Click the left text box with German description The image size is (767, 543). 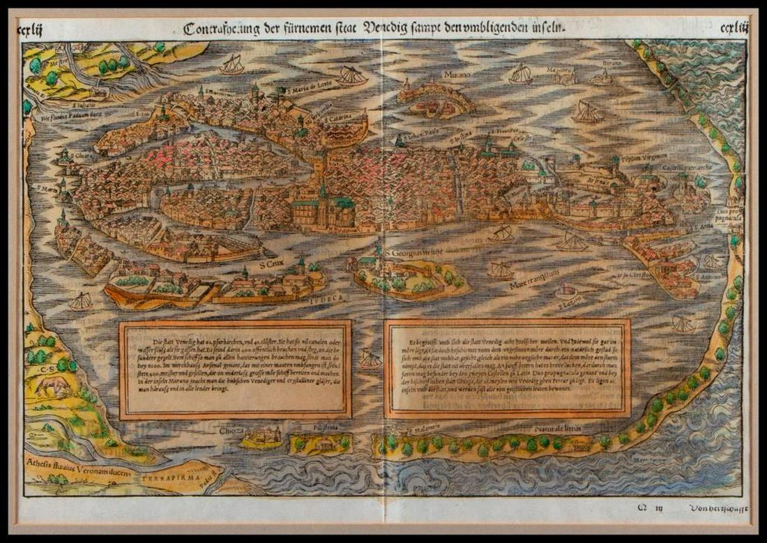click(235, 369)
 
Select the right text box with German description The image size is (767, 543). click(508, 368)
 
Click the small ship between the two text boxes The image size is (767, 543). click(370, 360)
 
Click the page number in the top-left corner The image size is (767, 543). click(33, 29)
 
